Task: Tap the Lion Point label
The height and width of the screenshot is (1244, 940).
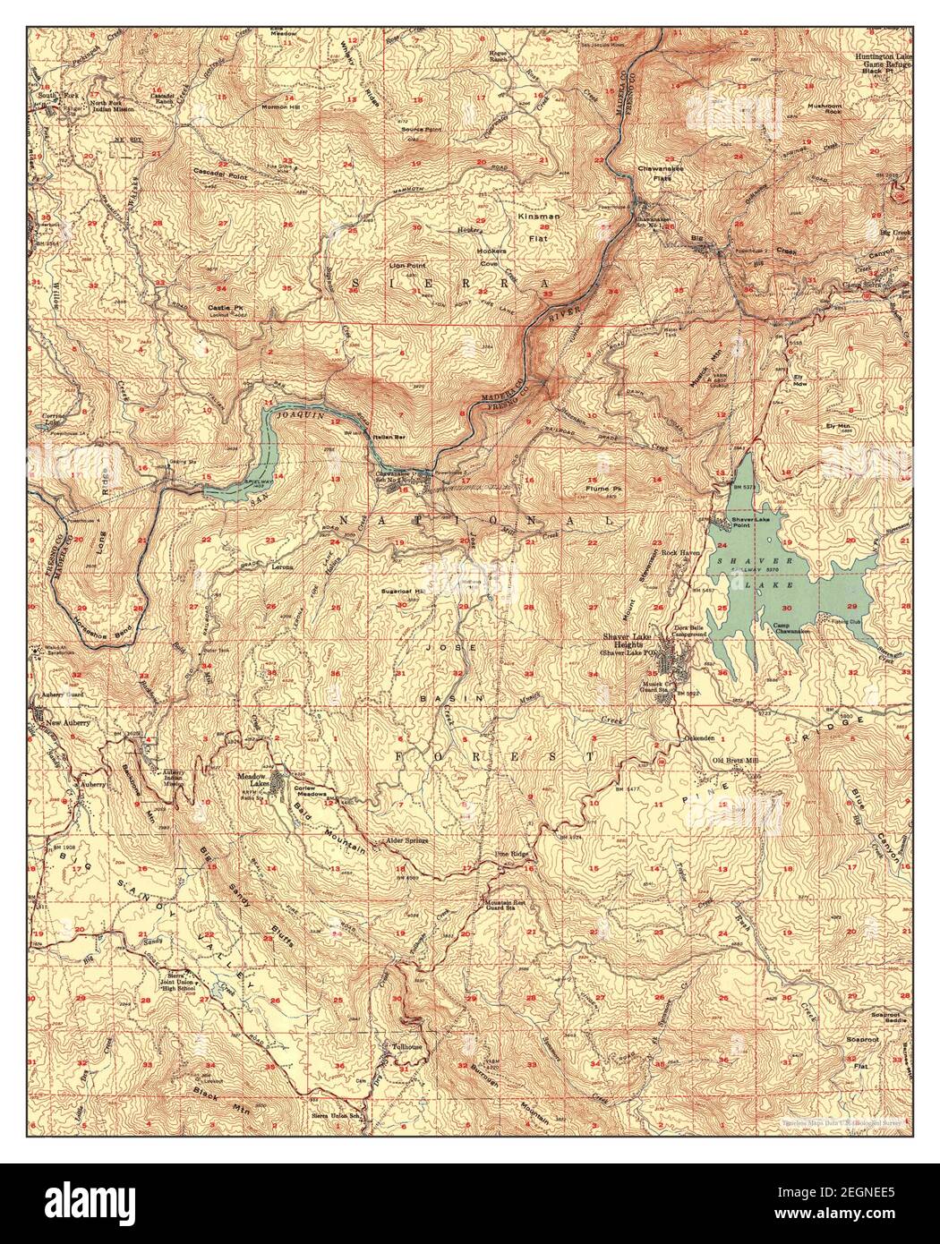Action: (x=406, y=266)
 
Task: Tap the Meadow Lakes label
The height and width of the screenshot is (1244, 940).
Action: (x=257, y=780)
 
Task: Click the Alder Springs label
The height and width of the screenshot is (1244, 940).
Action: (x=407, y=840)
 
